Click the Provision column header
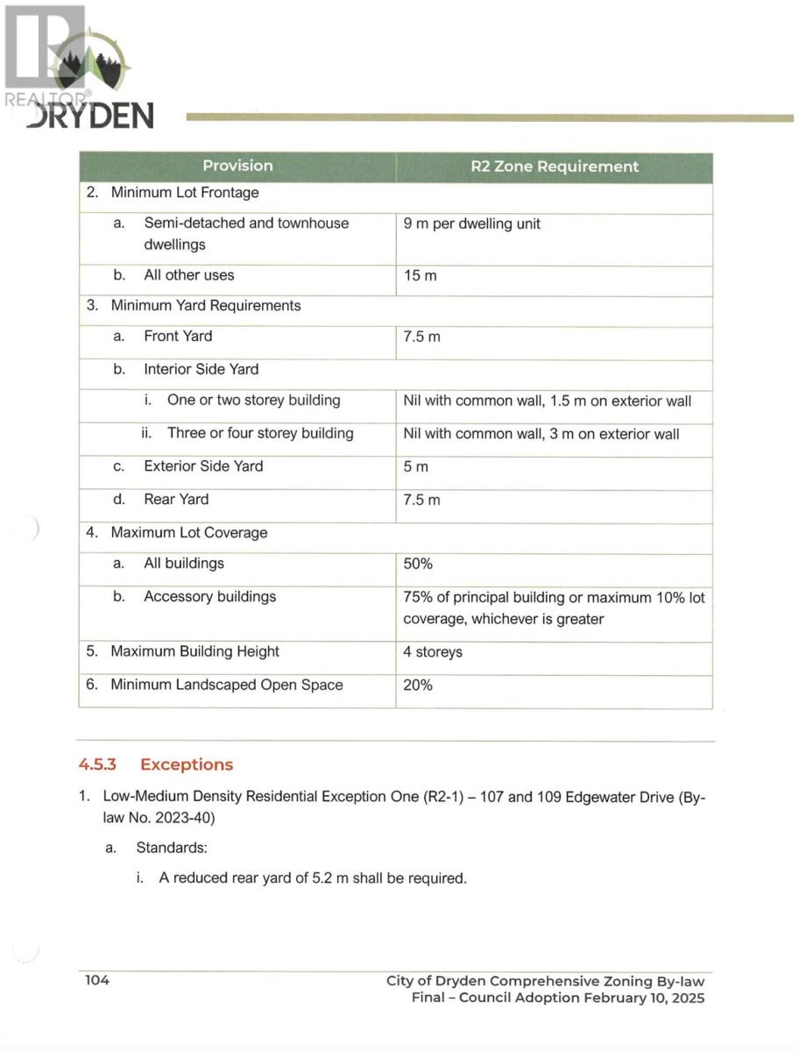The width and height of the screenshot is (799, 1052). click(x=237, y=166)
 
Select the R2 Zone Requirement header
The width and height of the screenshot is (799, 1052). click(x=555, y=167)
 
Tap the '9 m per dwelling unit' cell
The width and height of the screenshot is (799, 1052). click(x=472, y=224)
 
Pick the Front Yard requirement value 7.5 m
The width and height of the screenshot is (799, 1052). click(x=421, y=337)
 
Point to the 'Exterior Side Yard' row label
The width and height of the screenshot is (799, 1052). click(x=203, y=466)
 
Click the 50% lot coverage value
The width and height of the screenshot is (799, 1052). click(x=418, y=564)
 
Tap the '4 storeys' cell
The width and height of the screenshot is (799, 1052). click(x=433, y=652)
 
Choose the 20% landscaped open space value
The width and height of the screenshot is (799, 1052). click(x=418, y=685)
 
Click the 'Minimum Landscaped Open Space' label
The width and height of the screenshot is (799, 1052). click(x=226, y=685)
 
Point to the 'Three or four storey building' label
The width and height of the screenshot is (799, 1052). click(x=260, y=433)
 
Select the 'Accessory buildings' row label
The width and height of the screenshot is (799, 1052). click(x=209, y=597)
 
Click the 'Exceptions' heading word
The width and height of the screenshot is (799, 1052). click(x=187, y=764)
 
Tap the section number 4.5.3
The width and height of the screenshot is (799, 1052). click(x=98, y=764)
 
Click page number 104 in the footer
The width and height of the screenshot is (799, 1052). click(x=96, y=980)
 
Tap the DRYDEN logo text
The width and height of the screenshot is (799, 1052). click(x=90, y=115)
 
